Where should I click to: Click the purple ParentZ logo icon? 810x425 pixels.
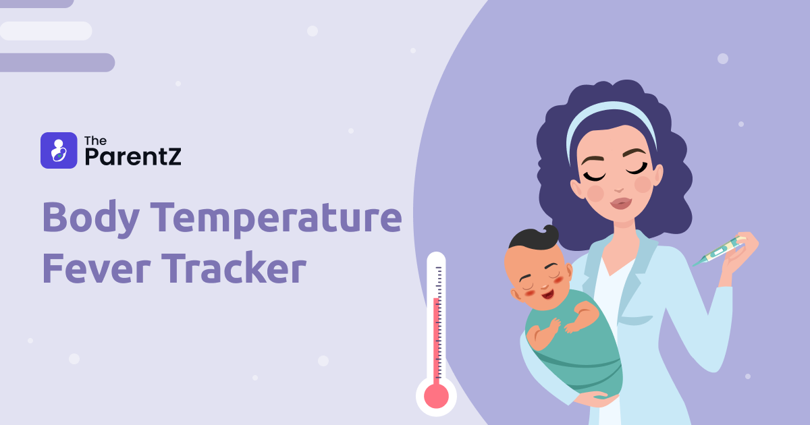point(59,150)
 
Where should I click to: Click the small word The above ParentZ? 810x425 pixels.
point(95,141)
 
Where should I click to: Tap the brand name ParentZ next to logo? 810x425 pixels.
point(133,157)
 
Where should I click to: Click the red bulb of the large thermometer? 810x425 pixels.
point(436,396)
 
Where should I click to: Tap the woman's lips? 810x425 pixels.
point(620,202)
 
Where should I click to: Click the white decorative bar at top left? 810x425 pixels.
point(46,31)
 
